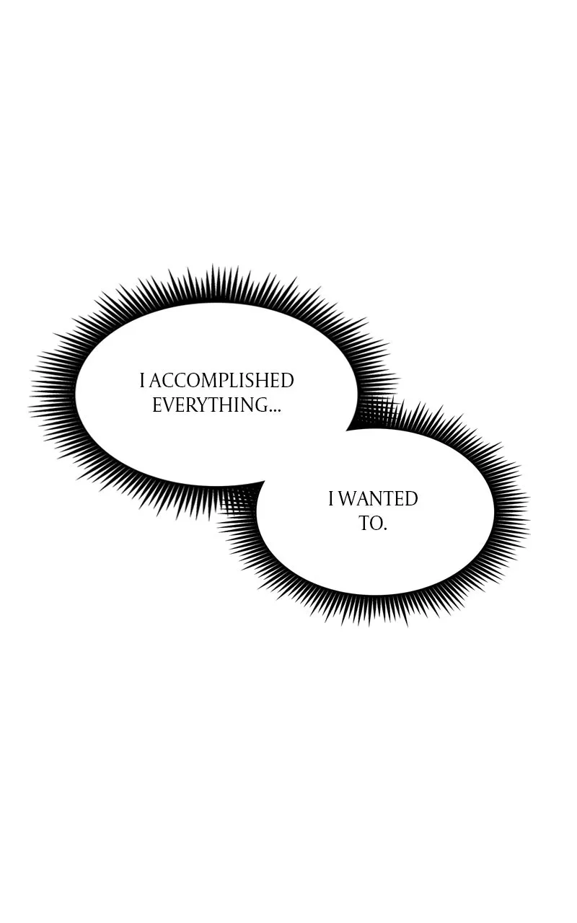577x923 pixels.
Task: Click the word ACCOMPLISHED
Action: click(x=221, y=380)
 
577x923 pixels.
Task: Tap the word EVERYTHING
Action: click(x=210, y=405)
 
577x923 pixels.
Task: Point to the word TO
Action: click(x=371, y=524)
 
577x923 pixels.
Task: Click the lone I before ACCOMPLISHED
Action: click(x=142, y=380)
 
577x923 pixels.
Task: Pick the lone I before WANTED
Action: click(x=331, y=499)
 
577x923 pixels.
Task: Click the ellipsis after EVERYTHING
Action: click(x=275, y=411)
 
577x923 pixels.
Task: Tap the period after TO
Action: click(x=385, y=529)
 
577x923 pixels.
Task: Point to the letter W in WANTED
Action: click(x=348, y=499)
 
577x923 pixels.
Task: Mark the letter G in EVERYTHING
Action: click(x=261, y=405)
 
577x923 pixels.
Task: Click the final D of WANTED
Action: click(x=411, y=499)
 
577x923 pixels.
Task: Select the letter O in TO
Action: click(x=376, y=524)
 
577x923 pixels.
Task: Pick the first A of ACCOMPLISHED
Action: click(x=157, y=380)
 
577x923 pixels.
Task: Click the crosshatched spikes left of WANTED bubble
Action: click(x=241, y=500)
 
